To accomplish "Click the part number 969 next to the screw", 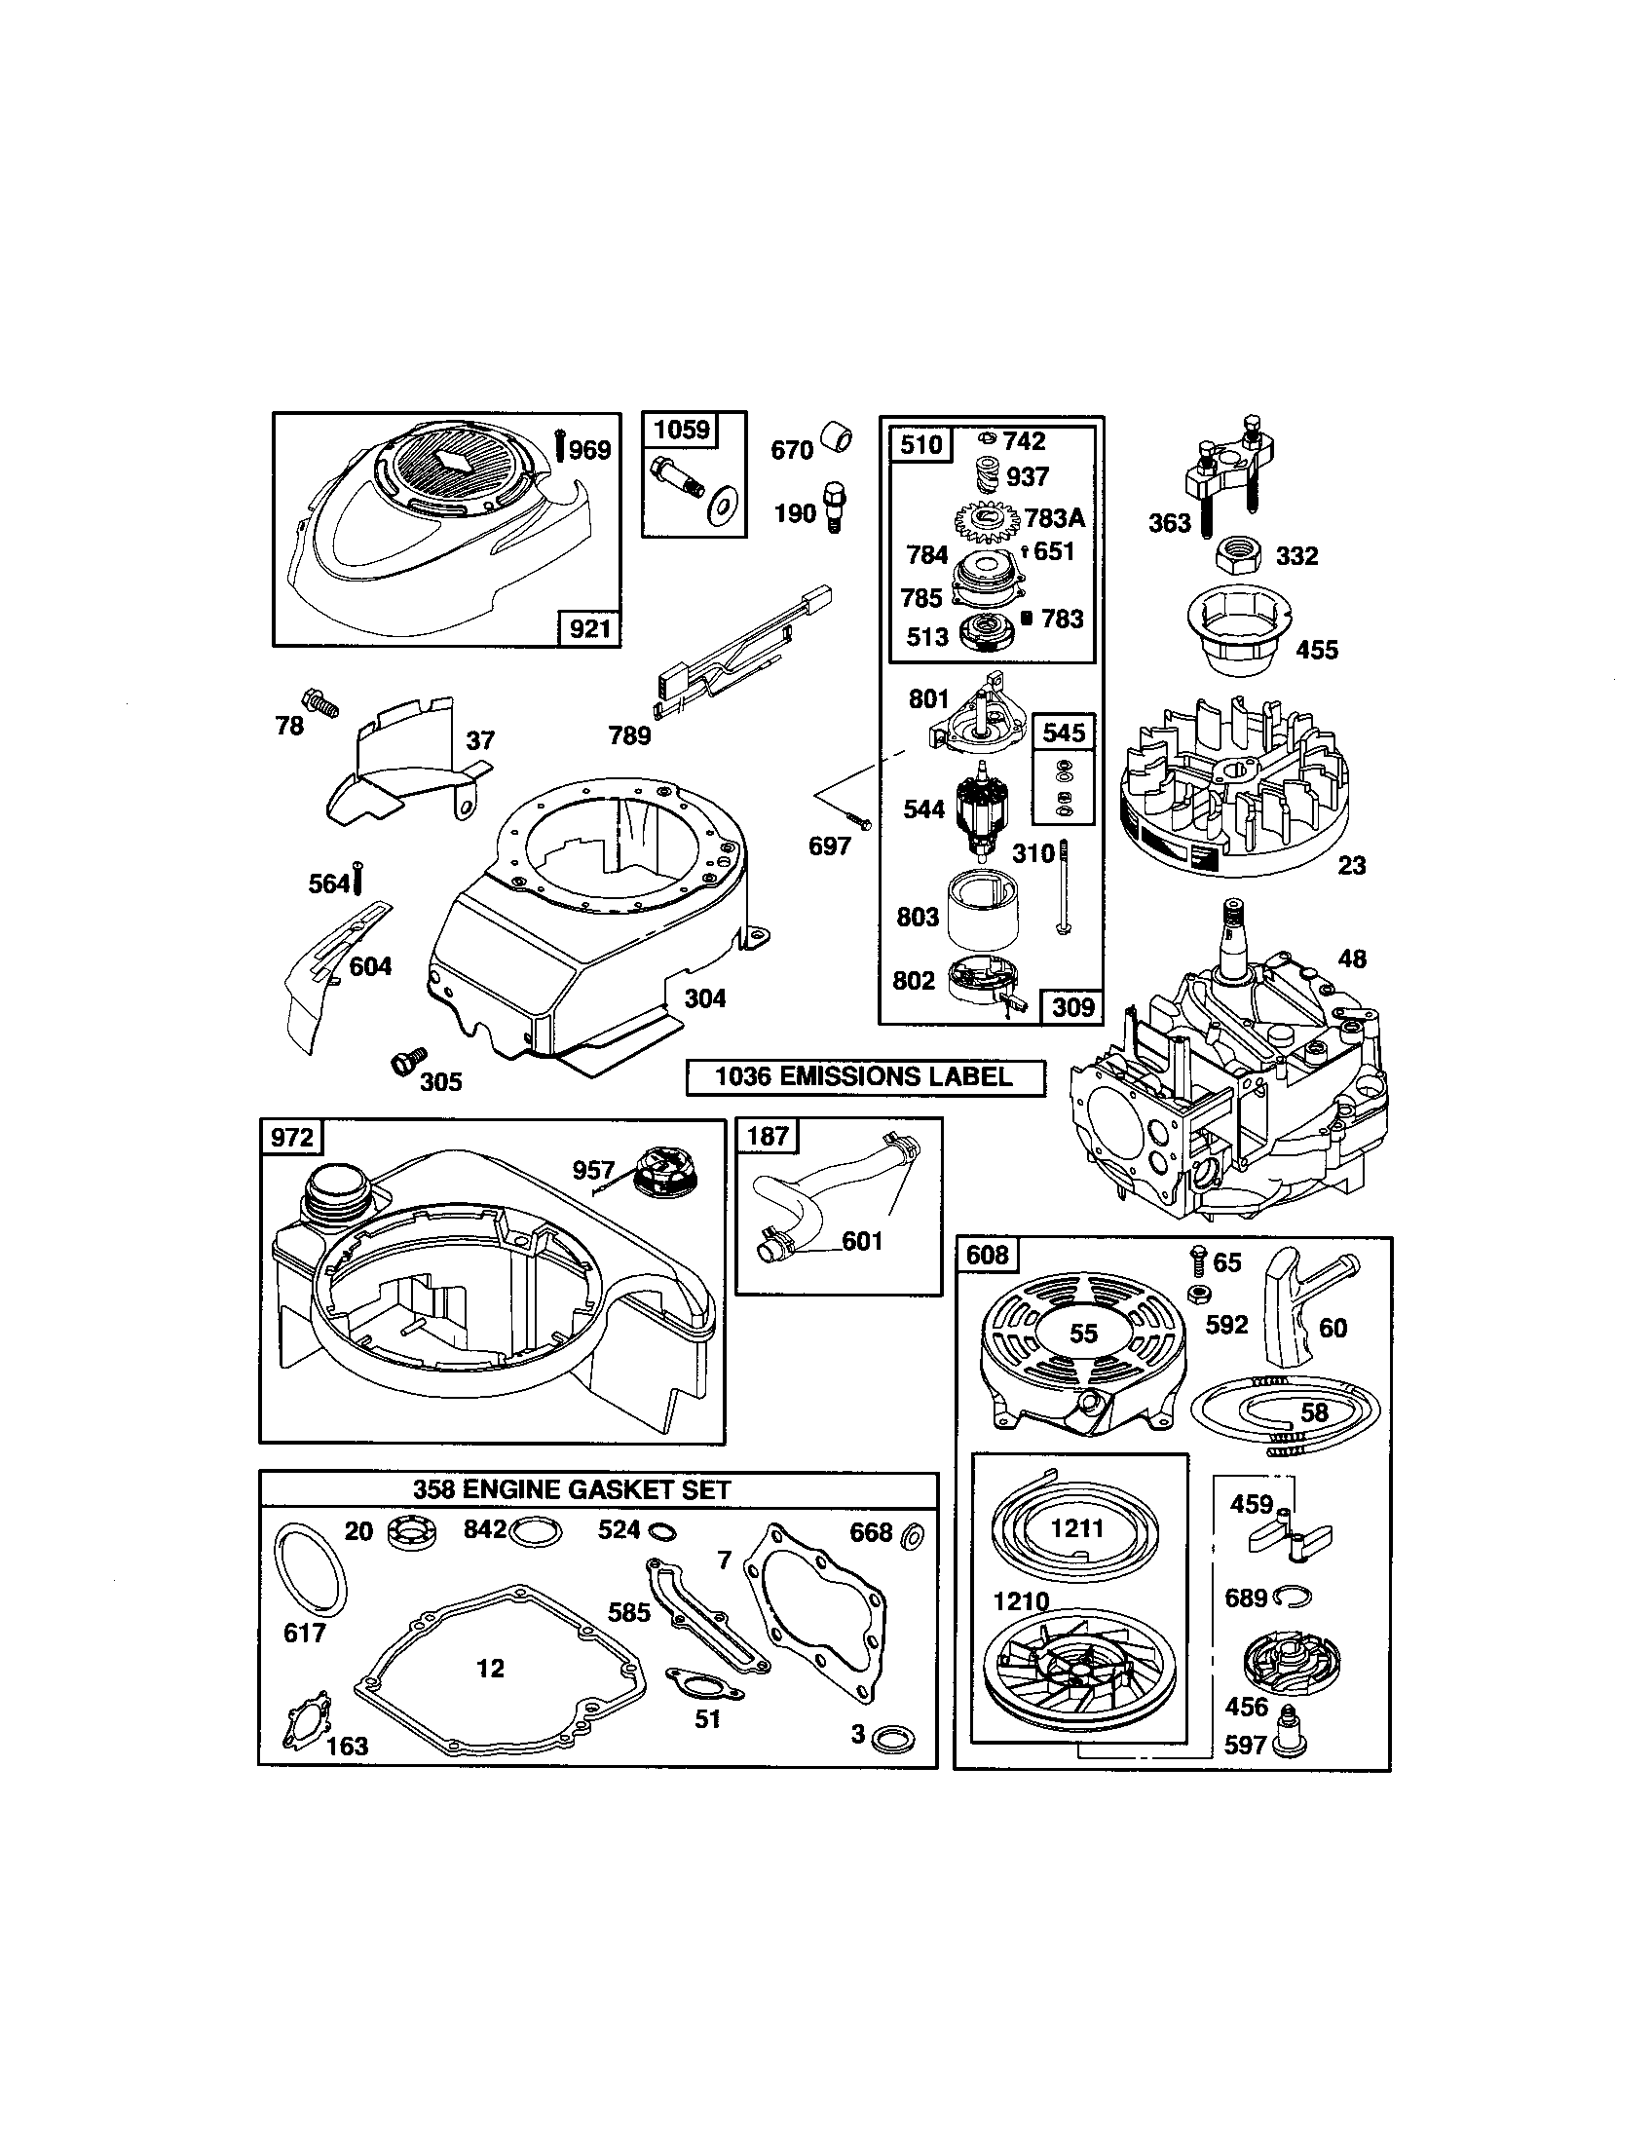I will click(x=589, y=450).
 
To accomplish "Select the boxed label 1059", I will click(x=682, y=430).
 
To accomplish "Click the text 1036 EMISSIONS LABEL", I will click(x=863, y=1076).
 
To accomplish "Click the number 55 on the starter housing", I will click(x=1083, y=1333).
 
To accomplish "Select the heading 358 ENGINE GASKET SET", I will click(x=571, y=1489).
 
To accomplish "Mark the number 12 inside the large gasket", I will click(x=491, y=1668).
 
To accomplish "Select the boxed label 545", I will click(x=1064, y=733).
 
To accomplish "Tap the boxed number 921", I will click(x=589, y=628).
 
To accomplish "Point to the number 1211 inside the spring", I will click(x=1076, y=1527).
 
